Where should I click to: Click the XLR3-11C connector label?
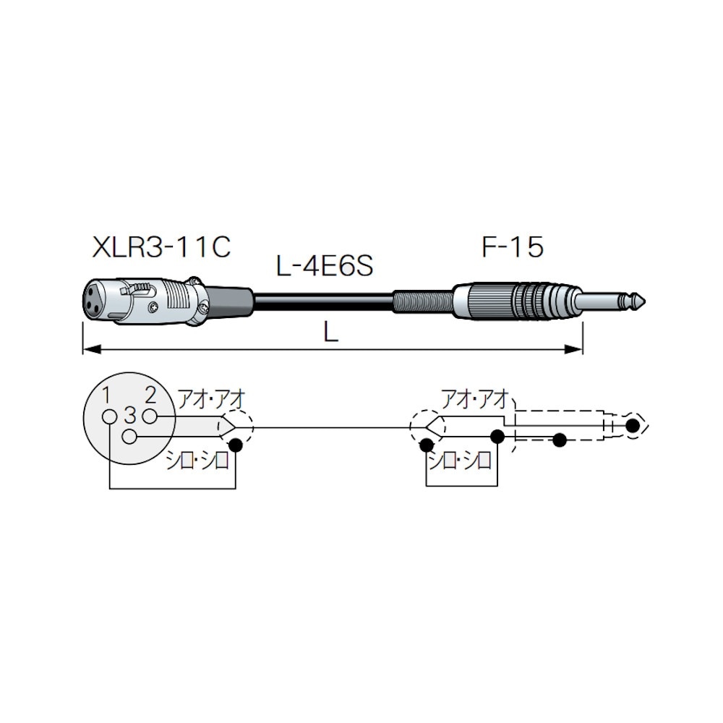coord(161,247)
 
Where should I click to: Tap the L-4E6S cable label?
coord(325,266)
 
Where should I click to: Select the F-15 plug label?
coord(513,247)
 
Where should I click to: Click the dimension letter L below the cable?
coord(331,332)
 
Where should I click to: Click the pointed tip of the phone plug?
coord(645,301)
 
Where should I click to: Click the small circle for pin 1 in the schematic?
coord(110,416)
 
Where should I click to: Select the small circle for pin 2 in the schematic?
coord(150,416)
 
